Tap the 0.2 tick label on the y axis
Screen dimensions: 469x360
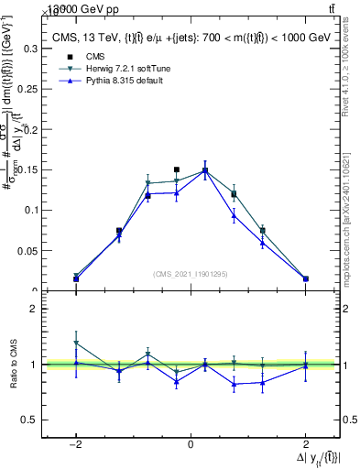point(30,129)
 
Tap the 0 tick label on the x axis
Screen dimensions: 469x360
point(191,444)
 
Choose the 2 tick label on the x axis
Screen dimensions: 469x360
point(305,444)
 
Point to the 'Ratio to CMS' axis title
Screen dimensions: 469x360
point(13,364)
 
